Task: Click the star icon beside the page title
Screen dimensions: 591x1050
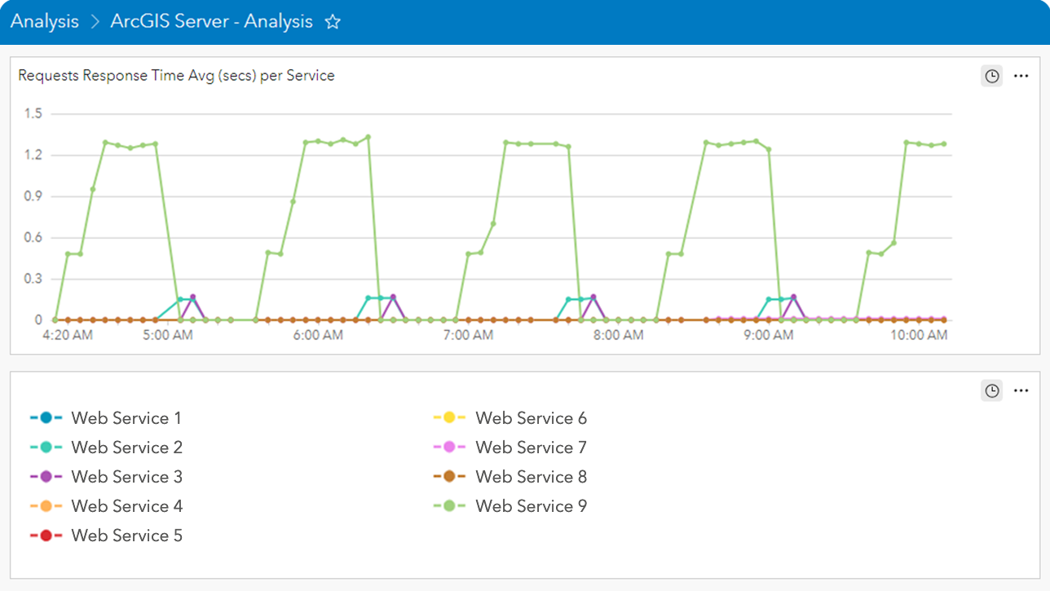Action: [333, 22]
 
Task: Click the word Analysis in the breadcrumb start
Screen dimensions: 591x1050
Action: [45, 22]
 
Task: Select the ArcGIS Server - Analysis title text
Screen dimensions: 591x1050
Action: [211, 22]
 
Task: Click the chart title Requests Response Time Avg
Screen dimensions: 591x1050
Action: [176, 76]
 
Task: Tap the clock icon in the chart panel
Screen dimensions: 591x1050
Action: [991, 76]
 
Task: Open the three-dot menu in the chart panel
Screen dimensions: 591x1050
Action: [1021, 76]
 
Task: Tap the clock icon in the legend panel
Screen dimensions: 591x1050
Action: [991, 390]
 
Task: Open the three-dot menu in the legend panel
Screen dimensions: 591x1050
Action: [1021, 390]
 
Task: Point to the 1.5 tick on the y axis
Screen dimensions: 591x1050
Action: [33, 113]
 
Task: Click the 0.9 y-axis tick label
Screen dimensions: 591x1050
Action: [33, 196]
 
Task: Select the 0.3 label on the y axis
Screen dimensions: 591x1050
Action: [33, 279]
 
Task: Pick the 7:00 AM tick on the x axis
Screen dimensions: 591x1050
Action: [468, 335]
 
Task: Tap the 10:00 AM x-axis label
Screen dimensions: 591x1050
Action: [920, 335]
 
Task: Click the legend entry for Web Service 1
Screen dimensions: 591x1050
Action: [126, 418]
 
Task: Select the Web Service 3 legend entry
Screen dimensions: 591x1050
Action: [126, 477]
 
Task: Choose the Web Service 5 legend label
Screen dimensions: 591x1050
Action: [126, 536]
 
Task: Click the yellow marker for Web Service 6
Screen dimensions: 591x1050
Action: [448, 418]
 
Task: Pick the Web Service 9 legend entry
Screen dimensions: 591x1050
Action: [531, 506]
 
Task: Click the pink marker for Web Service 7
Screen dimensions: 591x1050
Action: [448, 448]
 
